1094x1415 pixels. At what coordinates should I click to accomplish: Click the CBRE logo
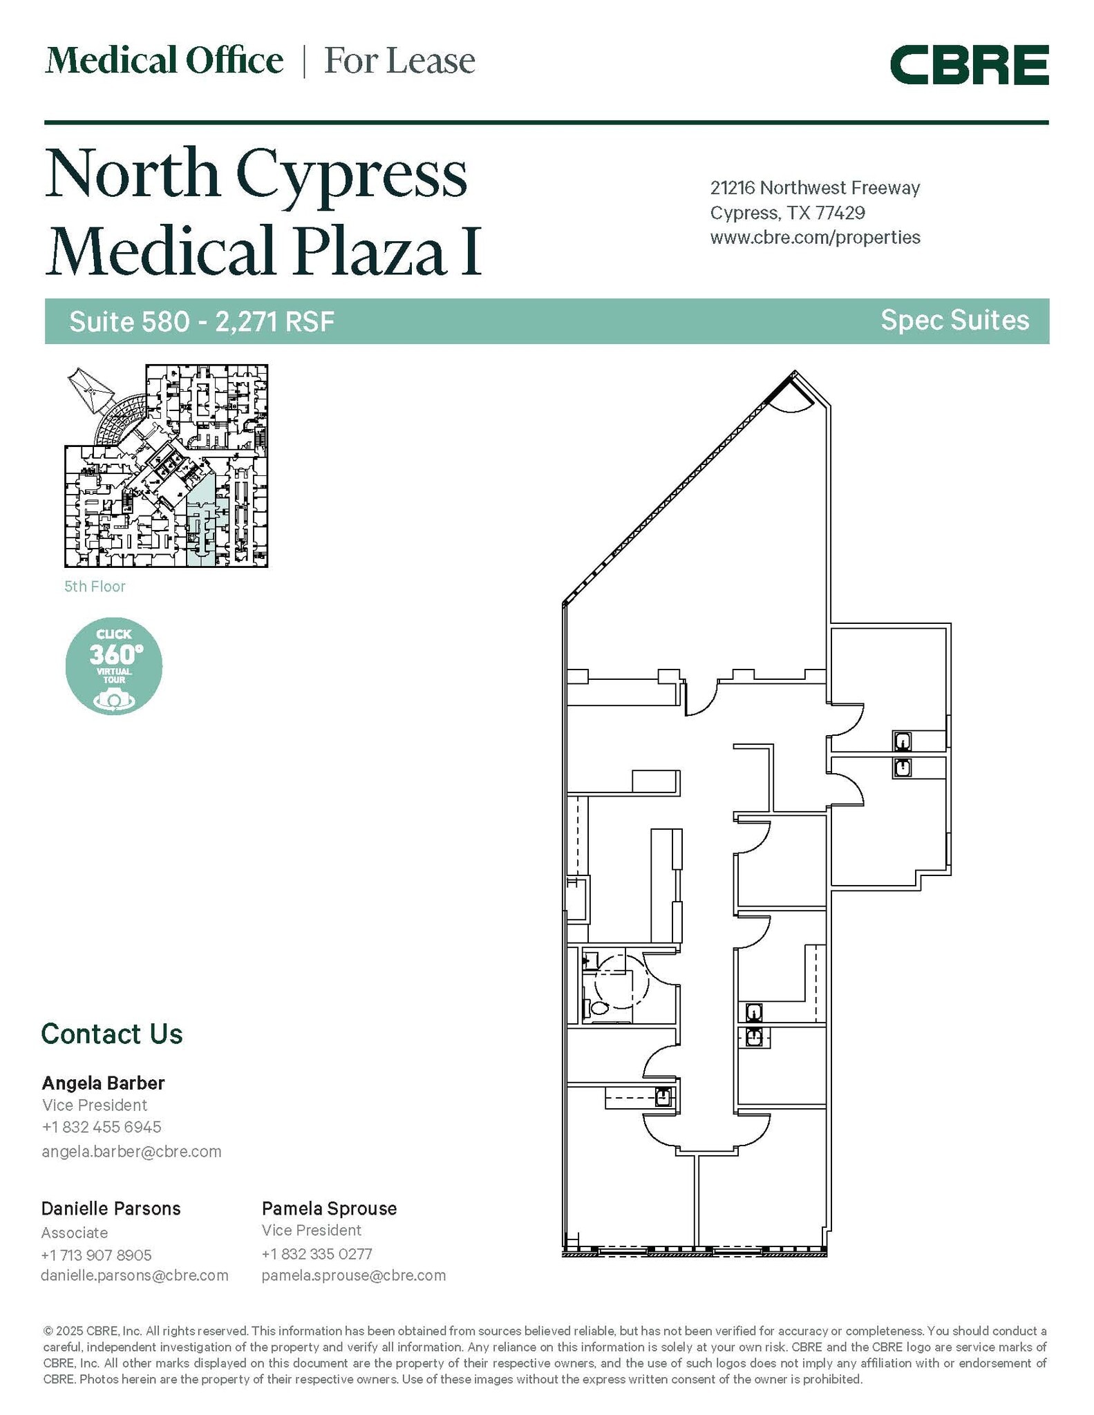[969, 65]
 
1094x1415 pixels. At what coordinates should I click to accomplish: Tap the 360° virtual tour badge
[114, 665]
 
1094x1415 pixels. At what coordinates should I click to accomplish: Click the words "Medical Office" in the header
[164, 61]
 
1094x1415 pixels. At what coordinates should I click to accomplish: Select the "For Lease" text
[399, 61]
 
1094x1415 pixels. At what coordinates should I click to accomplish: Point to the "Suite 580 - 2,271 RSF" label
[202, 321]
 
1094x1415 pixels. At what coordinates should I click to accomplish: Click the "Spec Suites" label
[954, 321]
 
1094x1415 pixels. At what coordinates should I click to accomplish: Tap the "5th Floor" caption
[95, 587]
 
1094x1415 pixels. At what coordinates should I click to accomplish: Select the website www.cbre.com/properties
[815, 238]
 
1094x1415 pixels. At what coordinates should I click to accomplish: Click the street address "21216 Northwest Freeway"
[815, 188]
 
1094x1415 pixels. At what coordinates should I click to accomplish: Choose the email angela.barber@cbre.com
[131, 1151]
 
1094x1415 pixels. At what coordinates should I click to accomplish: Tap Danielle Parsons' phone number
[96, 1255]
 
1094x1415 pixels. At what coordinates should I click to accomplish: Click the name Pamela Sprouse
[329, 1208]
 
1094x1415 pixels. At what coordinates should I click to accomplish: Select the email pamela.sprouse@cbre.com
[353, 1275]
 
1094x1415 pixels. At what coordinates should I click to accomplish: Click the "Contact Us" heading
[112, 1034]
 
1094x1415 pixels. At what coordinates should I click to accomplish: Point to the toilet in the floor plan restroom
[596, 1009]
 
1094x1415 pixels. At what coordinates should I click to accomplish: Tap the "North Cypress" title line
[256, 173]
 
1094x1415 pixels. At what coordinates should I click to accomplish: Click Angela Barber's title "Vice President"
[95, 1105]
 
